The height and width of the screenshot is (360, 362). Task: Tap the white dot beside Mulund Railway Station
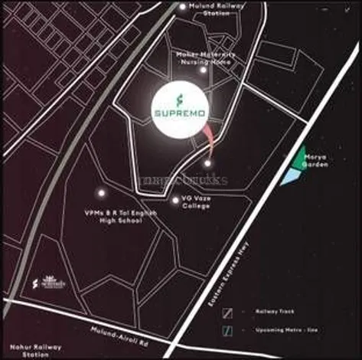tap(182, 7)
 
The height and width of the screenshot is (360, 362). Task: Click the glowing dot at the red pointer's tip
tap(207, 162)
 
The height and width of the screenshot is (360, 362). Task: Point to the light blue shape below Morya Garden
tap(289, 177)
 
